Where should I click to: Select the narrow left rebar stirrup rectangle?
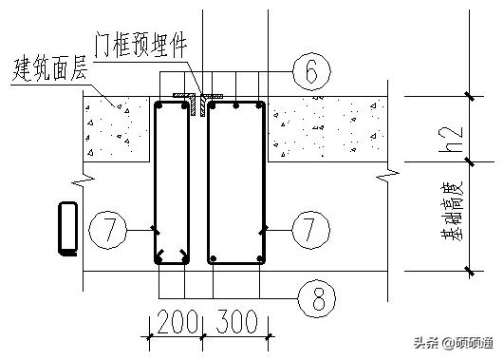173,180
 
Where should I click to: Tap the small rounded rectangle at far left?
67,229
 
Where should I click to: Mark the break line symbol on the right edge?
383,177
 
